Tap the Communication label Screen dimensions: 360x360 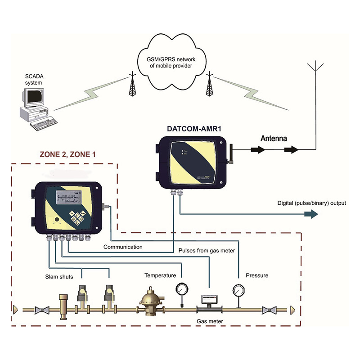[x=123, y=247]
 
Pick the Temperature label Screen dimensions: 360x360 [x=159, y=275]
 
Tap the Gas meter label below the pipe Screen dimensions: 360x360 [x=210, y=321]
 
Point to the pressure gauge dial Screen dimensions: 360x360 [x=237, y=288]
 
